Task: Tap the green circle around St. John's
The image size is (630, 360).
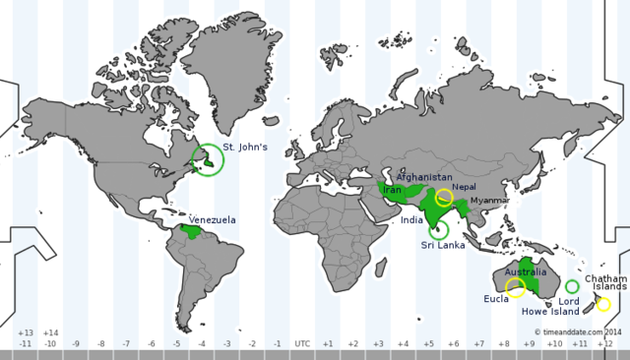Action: (x=208, y=159)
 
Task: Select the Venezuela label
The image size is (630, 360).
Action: (x=212, y=220)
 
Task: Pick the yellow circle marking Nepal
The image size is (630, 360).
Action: (x=445, y=197)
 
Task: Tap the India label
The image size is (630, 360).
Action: (x=412, y=220)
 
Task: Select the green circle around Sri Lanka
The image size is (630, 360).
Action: (x=438, y=229)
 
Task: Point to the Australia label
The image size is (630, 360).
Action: (x=525, y=271)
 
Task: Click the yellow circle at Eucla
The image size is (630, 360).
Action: (x=515, y=288)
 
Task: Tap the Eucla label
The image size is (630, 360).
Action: (x=496, y=297)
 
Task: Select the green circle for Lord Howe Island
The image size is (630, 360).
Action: (x=572, y=286)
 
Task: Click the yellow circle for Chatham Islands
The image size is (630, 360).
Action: (x=603, y=304)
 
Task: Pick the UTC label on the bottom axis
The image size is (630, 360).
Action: (x=302, y=343)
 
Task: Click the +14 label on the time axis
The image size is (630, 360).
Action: (x=50, y=332)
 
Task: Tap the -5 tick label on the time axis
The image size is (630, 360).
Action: (x=176, y=343)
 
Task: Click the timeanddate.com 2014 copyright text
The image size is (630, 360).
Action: (x=579, y=332)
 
